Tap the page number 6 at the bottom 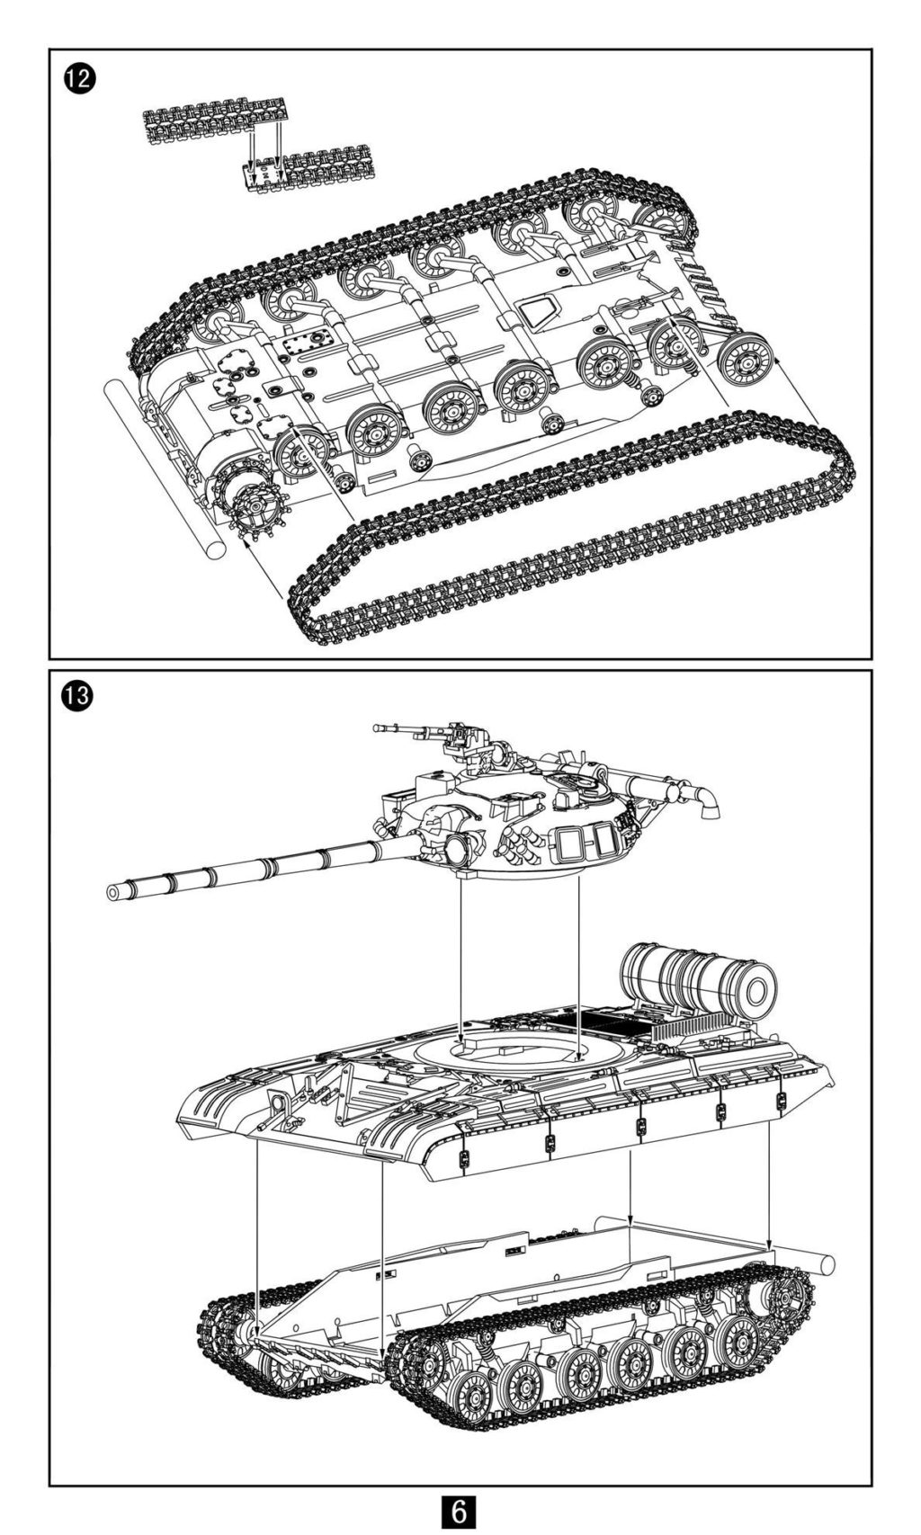(459, 1511)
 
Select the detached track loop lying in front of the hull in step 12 (576, 531)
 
